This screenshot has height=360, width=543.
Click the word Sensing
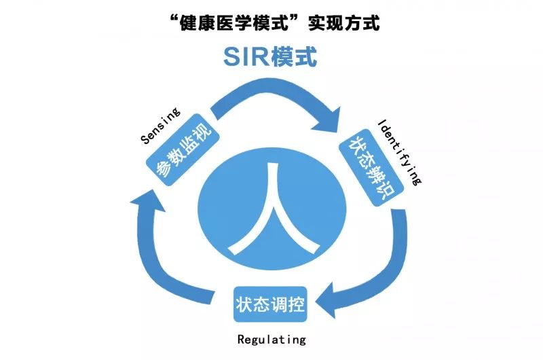pyautogui.click(x=160, y=126)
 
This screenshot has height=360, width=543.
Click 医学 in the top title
pyautogui.click(x=249, y=22)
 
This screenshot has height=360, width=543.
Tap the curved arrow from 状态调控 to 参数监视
pyautogui.click(x=163, y=272)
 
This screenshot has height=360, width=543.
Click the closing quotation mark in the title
pyautogui.click(x=301, y=17)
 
